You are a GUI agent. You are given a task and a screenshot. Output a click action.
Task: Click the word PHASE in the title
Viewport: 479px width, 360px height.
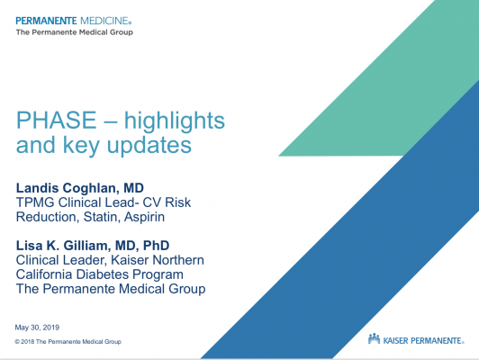click(56, 120)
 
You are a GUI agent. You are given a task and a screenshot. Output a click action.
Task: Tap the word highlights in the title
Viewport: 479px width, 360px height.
click(175, 121)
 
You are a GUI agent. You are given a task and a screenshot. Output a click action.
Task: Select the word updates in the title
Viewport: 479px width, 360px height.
click(149, 144)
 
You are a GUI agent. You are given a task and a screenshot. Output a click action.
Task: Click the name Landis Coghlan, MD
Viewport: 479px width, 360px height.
click(80, 188)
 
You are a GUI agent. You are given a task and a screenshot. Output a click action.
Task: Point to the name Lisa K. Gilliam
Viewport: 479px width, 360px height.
click(62, 245)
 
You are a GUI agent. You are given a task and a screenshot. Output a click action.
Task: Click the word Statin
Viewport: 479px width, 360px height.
click(100, 217)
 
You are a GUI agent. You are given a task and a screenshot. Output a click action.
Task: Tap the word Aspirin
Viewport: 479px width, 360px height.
click(144, 218)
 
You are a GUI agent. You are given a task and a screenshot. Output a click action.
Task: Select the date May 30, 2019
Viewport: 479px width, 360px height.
click(37, 328)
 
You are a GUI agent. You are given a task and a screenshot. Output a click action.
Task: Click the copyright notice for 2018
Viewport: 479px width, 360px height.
click(68, 342)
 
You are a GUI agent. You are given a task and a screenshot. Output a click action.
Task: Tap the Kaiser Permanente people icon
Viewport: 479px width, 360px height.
click(374, 339)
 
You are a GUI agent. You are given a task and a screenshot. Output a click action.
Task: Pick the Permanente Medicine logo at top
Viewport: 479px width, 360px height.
click(73, 21)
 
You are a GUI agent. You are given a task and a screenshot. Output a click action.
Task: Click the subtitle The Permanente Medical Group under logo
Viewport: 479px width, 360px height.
click(75, 32)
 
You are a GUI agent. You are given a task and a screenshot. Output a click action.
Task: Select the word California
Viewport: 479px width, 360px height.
click(44, 274)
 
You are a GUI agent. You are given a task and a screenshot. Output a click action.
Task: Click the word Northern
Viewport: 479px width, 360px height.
click(178, 260)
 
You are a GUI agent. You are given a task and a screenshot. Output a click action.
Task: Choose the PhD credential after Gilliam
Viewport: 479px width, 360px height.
click(156, 245)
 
